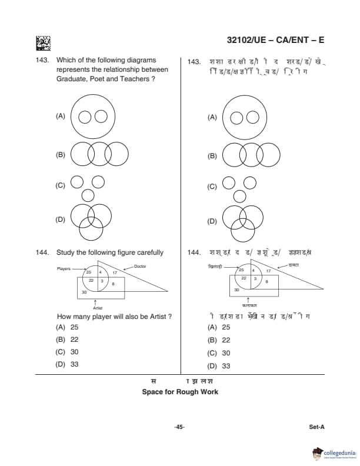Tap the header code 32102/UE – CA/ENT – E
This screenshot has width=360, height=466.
275,40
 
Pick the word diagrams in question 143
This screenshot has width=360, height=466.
140,61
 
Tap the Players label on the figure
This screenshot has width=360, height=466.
64,268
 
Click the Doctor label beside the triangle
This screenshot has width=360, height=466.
140,267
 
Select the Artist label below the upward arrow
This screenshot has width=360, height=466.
98,308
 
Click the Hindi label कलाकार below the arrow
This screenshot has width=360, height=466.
249,306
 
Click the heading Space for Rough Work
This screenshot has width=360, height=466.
180,392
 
